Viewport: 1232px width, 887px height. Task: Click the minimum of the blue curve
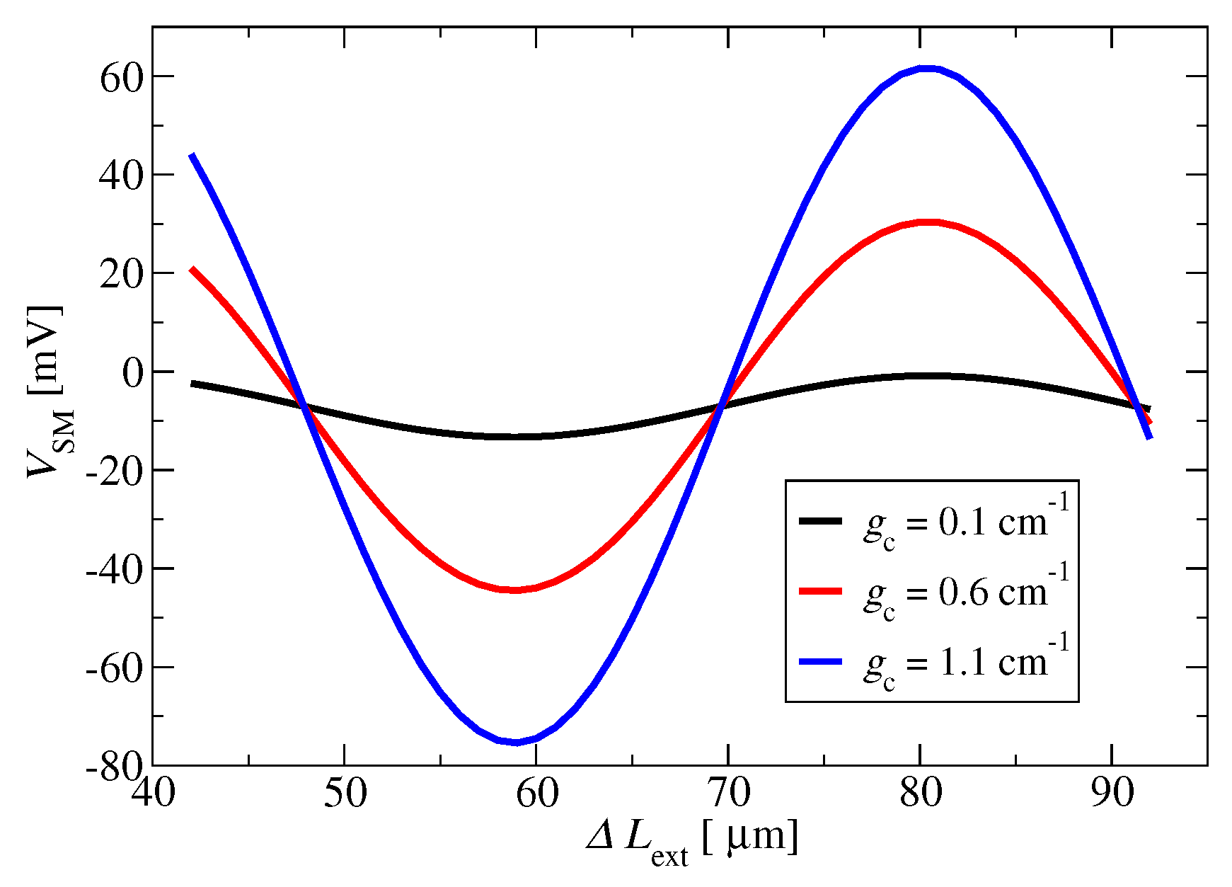(516, 742)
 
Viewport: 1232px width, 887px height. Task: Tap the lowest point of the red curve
(514, 589)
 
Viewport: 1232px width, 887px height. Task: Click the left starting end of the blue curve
(192, 155)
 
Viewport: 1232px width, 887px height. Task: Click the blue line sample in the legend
(820, 661)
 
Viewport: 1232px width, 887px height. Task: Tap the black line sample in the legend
(820, 521)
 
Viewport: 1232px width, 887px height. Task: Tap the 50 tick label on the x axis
(345, 794)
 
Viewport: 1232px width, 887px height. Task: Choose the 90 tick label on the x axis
(1112, 794)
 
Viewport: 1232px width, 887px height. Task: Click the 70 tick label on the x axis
(728, 794)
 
